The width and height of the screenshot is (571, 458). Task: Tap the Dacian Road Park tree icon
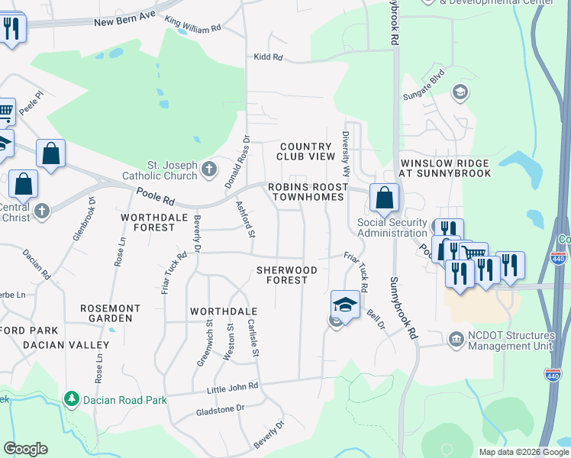coord(71,398)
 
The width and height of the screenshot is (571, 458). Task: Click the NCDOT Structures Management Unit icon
coord(456,338)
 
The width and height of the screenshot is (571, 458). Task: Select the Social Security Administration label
coord(392,227)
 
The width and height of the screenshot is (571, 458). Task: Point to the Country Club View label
coord(307,151)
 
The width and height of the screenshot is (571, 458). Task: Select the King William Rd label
coord(192,27)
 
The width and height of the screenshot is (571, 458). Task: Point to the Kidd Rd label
coord(268,57)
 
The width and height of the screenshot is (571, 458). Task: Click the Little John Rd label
coord(233,389)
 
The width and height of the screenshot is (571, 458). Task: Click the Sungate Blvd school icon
coord(460,92)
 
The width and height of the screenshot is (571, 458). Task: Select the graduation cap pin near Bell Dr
coord(345,305)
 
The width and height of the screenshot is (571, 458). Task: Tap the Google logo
coord(25,449)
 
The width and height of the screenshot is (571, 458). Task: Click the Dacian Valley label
coord(52,345)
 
